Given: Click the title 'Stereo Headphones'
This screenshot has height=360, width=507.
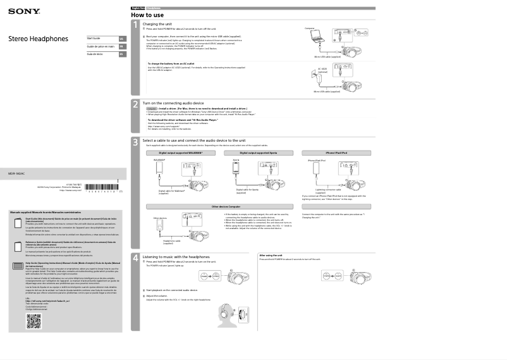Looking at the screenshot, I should pyautogui.click(x=38, y=39).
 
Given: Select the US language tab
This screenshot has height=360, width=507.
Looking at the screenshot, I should pyautogui.click(x=121, y=39).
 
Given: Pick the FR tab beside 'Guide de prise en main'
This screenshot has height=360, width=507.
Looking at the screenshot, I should pyautogui.click(x=121, y=46).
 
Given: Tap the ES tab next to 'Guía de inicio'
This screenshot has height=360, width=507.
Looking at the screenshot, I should pyautogui.click(x=121, y=54).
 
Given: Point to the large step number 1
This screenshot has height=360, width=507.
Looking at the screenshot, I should pyautogui.click(x=135, y=25).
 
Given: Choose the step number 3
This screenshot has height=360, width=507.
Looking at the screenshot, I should pyautogui.click(x=135, y=142).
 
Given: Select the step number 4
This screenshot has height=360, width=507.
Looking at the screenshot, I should pyautogui.click(x=135, y=258).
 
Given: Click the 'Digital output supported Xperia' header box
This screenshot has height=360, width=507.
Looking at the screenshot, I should pyautogui.click(x=259, y=153).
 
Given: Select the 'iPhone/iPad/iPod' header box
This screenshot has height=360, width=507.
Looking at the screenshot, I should pyautogui.click(x=336, y=153).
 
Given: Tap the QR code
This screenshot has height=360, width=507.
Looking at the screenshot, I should pyautogui.click(x=34, y=322).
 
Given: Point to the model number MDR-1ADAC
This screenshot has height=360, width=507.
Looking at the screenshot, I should pyautogui.click(x=16, y=173).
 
